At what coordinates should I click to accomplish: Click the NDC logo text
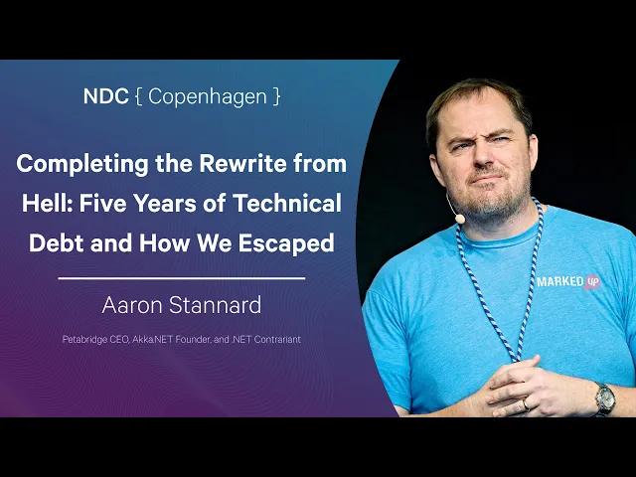click(x=106, y=96)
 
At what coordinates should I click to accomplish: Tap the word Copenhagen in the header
click(x=208, y=97)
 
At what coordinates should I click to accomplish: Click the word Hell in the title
click(x=47, y=203)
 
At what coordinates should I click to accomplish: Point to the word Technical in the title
click(x=287, y=203)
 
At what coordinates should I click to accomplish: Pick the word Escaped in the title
click(x=286, y=243)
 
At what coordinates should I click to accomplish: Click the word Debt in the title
click(x=56, y=242)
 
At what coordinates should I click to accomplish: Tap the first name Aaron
click(x=132, y=305)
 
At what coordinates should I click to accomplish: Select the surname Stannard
click(x=215, y=305)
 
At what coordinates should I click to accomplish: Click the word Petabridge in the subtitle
click(x=84, y=340)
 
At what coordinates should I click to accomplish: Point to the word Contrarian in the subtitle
click(x=277, y=339)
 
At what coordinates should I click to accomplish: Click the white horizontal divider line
click(x=181, y=278)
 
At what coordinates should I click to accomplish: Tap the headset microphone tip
click(x=459, y=219)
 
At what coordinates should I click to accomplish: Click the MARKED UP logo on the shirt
click(x=568, y=282)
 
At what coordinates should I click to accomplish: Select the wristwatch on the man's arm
click(x=605, y=399)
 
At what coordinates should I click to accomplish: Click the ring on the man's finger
click(x=526, y=404)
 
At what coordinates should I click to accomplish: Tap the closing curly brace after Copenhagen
click(x=276, y=97)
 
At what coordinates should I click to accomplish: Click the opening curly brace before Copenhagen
click(x=139, y=97)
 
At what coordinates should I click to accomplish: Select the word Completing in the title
click(x=82, y=165)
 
